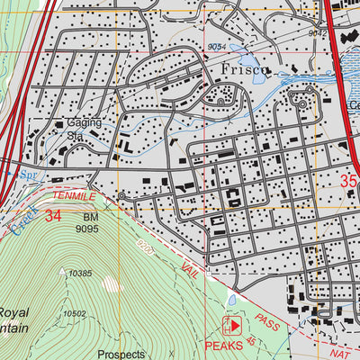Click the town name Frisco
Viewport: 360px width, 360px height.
(x=242, y=69)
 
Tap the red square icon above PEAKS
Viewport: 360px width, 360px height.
(x=233, y=325)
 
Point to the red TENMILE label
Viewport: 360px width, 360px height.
(x=73, y=194)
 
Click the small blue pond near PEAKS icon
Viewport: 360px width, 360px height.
(x=232, y=300)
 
